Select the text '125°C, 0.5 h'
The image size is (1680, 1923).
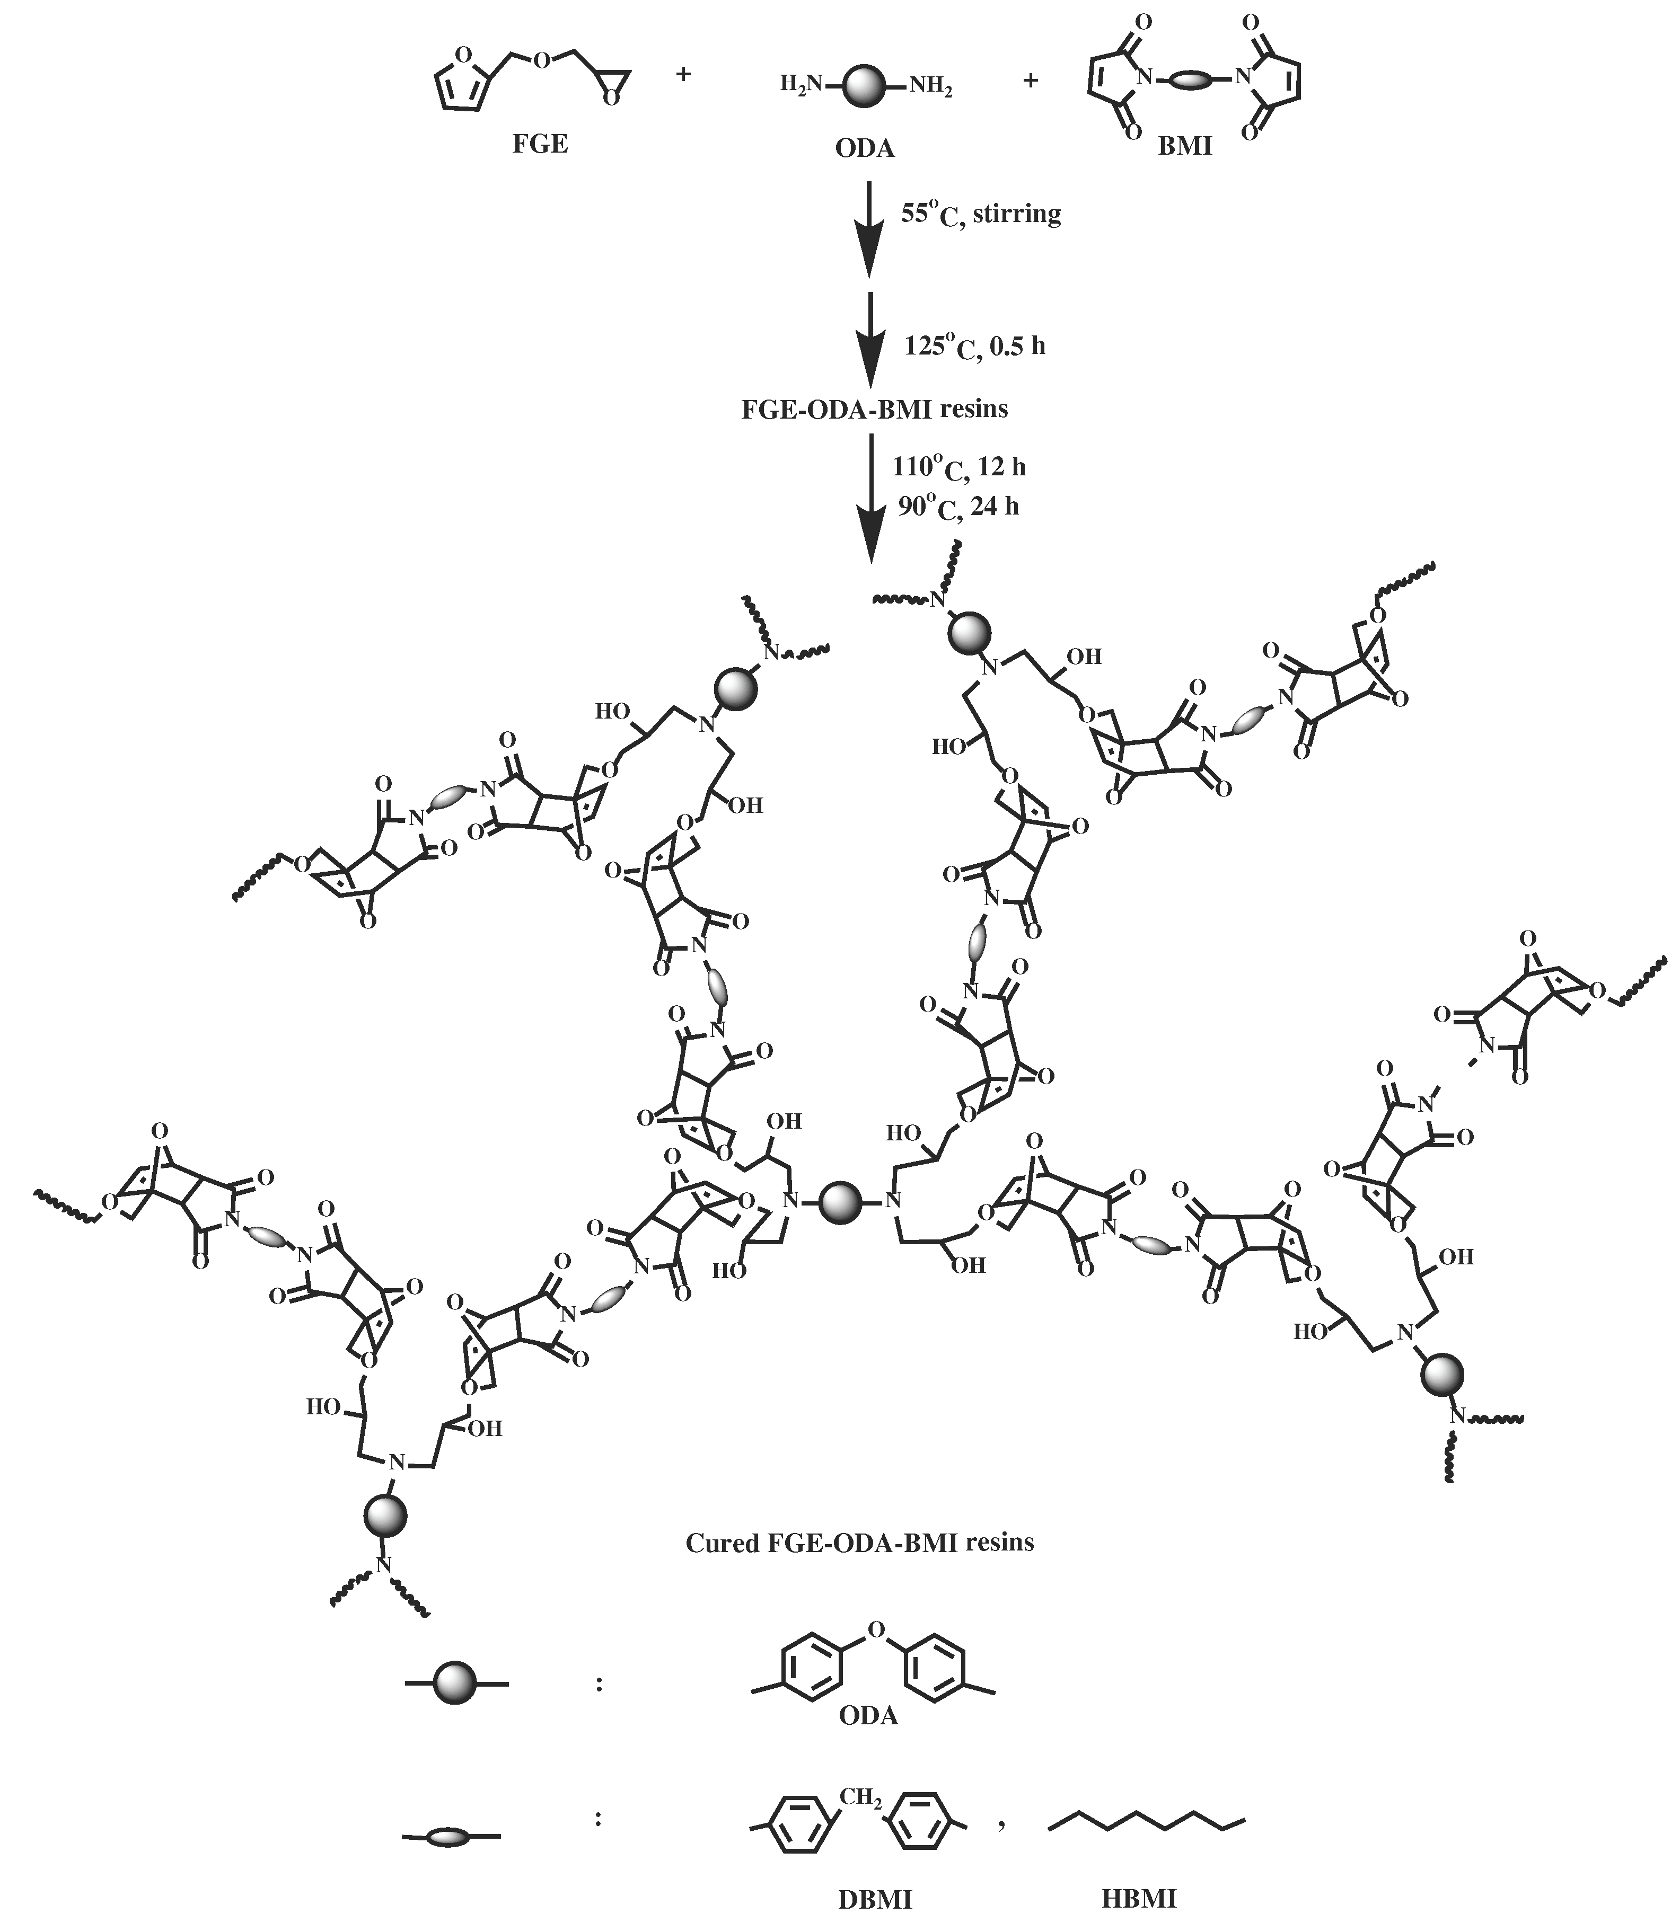point(974,347)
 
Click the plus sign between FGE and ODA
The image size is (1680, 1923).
point(683,73)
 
